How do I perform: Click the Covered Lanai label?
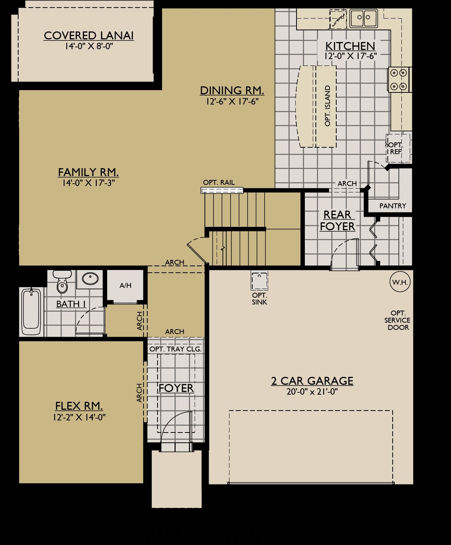[x=89, y=35]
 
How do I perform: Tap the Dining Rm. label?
[x=232, y=91]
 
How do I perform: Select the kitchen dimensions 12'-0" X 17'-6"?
[x=350, y=56]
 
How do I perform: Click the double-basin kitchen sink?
[x=363, y=18]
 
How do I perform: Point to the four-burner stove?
[x=398, y=79]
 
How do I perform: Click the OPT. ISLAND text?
[x=328, y=106]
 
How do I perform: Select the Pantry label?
[x=392, y=206]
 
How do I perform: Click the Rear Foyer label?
[x=337, y=220]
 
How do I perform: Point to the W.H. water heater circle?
[x=400, y=282]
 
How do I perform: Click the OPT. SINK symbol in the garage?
[x=259, y=281]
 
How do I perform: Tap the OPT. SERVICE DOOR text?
[x=398, y=320]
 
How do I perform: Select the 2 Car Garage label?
[x=312, y=381]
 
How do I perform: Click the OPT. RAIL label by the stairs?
[x=218, y=183]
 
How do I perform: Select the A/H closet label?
[x=125, y=285]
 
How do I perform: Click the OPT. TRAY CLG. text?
[x=175, y=349]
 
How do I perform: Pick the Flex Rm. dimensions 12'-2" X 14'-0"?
[x=79, y=417]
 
